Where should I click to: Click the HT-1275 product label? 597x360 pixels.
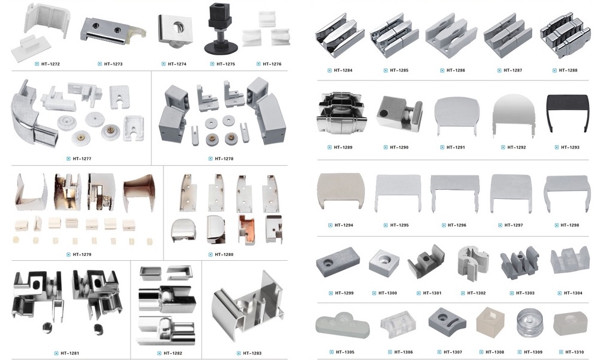click(225, 64)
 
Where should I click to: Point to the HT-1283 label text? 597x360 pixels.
click(252, 353)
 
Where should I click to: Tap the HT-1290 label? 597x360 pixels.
click(399, 147)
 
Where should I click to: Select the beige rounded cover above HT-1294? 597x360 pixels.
click(341, 191)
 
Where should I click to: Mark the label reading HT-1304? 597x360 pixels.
click(572, 293)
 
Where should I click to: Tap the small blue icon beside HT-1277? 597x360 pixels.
click(69, 159)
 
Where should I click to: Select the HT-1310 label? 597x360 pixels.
click(575, 352)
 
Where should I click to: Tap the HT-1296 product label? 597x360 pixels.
click(457, 225)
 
